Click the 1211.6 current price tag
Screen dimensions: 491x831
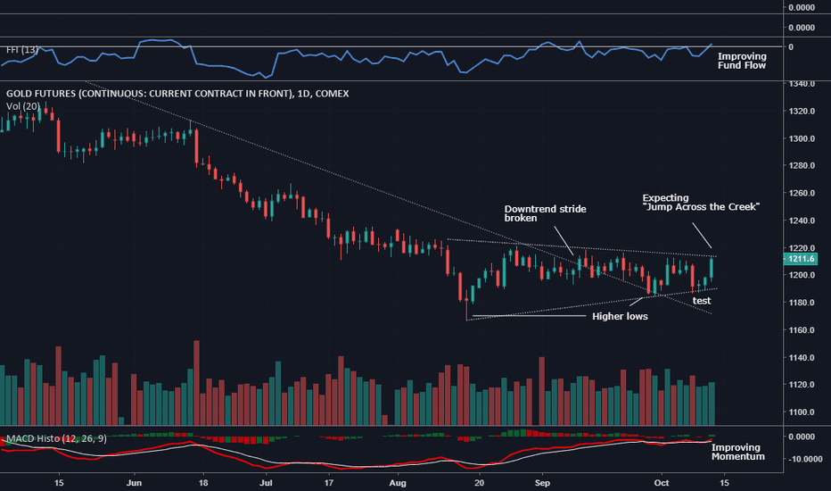pos(798,260)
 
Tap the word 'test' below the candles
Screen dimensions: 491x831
pos(702,301)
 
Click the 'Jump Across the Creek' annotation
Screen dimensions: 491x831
pos(700,202)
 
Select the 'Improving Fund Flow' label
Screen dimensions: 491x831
pos(742,61)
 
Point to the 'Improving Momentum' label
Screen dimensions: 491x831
pos(736,452)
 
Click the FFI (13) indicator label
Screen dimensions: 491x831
pos(21,50)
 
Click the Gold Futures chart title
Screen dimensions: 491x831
pos(177,94)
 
